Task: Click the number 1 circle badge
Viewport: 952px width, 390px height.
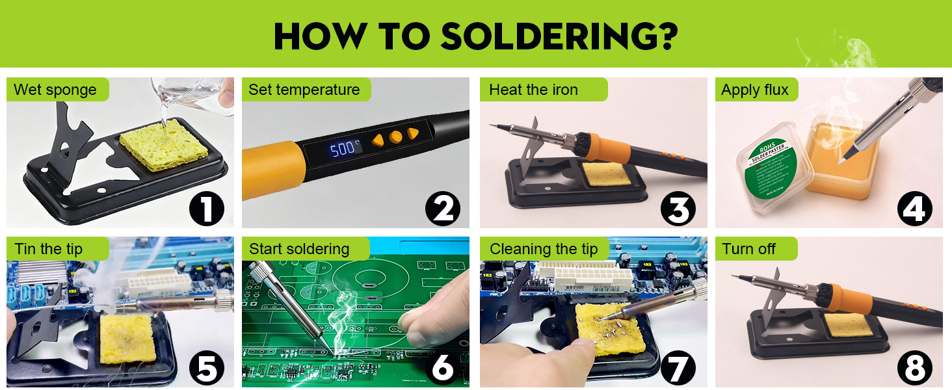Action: [207, 210]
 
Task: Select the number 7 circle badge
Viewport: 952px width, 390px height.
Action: [678, 369]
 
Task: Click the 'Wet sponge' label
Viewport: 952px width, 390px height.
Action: [55, 90]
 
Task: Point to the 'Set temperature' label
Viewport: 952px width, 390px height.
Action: [304, 90]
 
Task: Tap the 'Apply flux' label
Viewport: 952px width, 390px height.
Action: [754, 90]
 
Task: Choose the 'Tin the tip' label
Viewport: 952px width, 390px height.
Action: [48, 249]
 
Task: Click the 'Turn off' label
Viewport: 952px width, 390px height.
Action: [749, 249]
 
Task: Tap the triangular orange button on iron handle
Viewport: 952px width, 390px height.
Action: [412, 134]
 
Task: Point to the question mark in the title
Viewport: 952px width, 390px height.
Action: [664, 36]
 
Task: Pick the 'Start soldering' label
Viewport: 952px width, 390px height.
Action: [299, 249]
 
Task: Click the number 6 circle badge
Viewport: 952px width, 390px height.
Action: [443, 369]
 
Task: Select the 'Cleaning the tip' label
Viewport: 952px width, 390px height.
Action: [544, 249]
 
